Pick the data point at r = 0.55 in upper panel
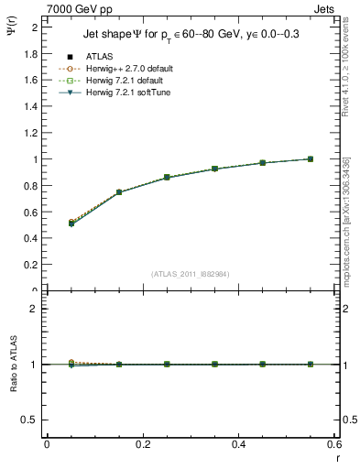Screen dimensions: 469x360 click(x=311, y=158)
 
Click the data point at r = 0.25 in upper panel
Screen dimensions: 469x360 click(x=167, y=177)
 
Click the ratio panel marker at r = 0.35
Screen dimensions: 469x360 click(x=214, y=364)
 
